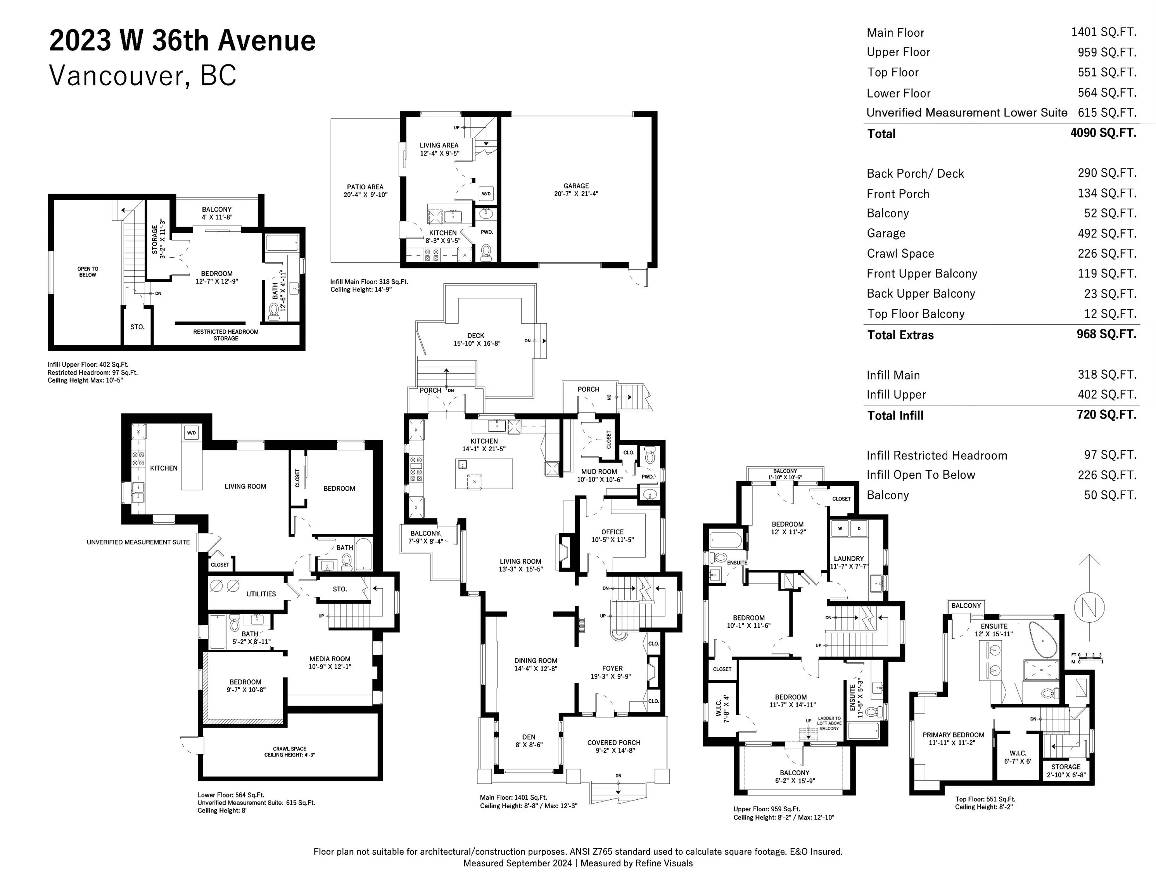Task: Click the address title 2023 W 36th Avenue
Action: pos(182,41)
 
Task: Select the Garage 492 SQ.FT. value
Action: pos(1107,234)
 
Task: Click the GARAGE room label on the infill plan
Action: pos(576,186)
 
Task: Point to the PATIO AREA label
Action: pos(365,187)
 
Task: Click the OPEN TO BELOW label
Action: pos(88,272)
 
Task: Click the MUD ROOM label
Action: pos(599,471)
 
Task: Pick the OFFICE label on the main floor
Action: pos(612,532)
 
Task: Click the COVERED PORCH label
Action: pos(613,743)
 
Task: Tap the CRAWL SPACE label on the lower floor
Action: pos(290,749)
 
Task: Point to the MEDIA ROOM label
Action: pos(330,659)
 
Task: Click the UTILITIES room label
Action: pos(261,594)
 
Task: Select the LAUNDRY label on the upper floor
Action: pos(848,558)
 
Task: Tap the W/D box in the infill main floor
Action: pos(486,194)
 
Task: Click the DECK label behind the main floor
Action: pos(476,335)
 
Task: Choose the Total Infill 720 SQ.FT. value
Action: pos(1107,415)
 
